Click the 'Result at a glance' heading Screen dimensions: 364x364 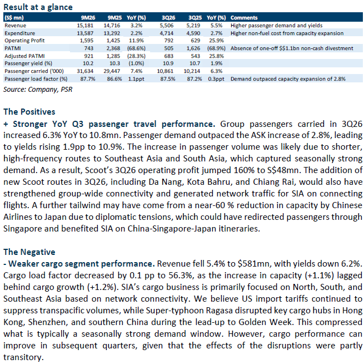(x=37, y=7)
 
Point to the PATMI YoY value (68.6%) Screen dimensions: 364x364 (x=138, y=48)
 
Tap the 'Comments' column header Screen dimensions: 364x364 (x=244, y=18)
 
